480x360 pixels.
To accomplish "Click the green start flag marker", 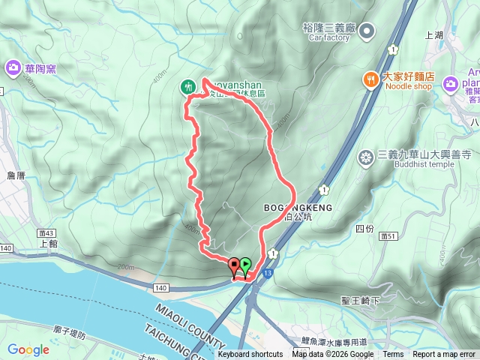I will tap(245, 265).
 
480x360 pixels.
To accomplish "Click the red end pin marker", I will tap(234, 265).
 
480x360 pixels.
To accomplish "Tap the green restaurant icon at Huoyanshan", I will tap(187, 87).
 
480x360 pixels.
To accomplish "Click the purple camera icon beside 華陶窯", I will tap(13, 69).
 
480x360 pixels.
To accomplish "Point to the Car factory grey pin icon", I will tap(367, 31).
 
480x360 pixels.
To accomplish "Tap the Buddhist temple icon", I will tap(366, 157).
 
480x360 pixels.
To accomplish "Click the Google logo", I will tap(28, 349).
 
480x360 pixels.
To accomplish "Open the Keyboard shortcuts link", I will tap(250, 355).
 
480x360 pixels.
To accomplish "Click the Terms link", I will tap(393, 355).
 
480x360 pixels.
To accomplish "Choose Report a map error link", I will tap(444, 355).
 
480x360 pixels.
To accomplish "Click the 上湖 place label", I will tap(434, 35).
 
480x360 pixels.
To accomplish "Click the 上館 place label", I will tap(48, 244).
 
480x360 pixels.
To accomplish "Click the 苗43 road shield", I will tap(49, 233).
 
